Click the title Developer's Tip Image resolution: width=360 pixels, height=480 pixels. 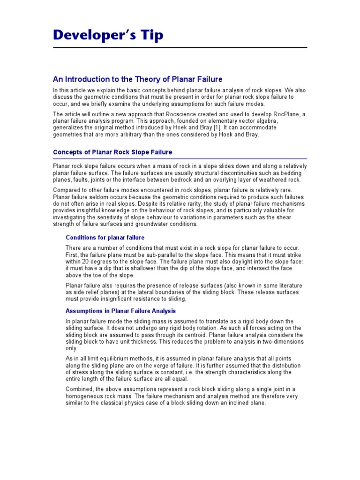[108, 35]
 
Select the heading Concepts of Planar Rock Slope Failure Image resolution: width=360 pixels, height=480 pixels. [112, 152]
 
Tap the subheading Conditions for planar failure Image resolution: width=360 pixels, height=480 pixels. [105, 238]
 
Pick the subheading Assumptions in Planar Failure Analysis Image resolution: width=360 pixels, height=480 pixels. [120, 311]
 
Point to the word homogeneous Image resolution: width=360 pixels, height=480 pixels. [85, 396]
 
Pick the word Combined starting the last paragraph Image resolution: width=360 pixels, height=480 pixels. [79, 390]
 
